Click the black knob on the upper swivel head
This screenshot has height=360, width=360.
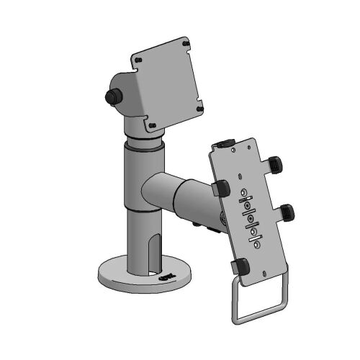click(x=112, y=96)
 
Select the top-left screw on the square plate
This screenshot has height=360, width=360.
click(x=137, y=60)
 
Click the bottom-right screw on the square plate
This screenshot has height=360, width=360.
click(x=199, y=108)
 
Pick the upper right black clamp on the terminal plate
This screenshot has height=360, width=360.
click(x=274, y=165)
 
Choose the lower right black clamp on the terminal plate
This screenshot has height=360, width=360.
click(x=288, y=212)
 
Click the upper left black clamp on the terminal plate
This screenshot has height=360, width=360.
click(x=221, y=188)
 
